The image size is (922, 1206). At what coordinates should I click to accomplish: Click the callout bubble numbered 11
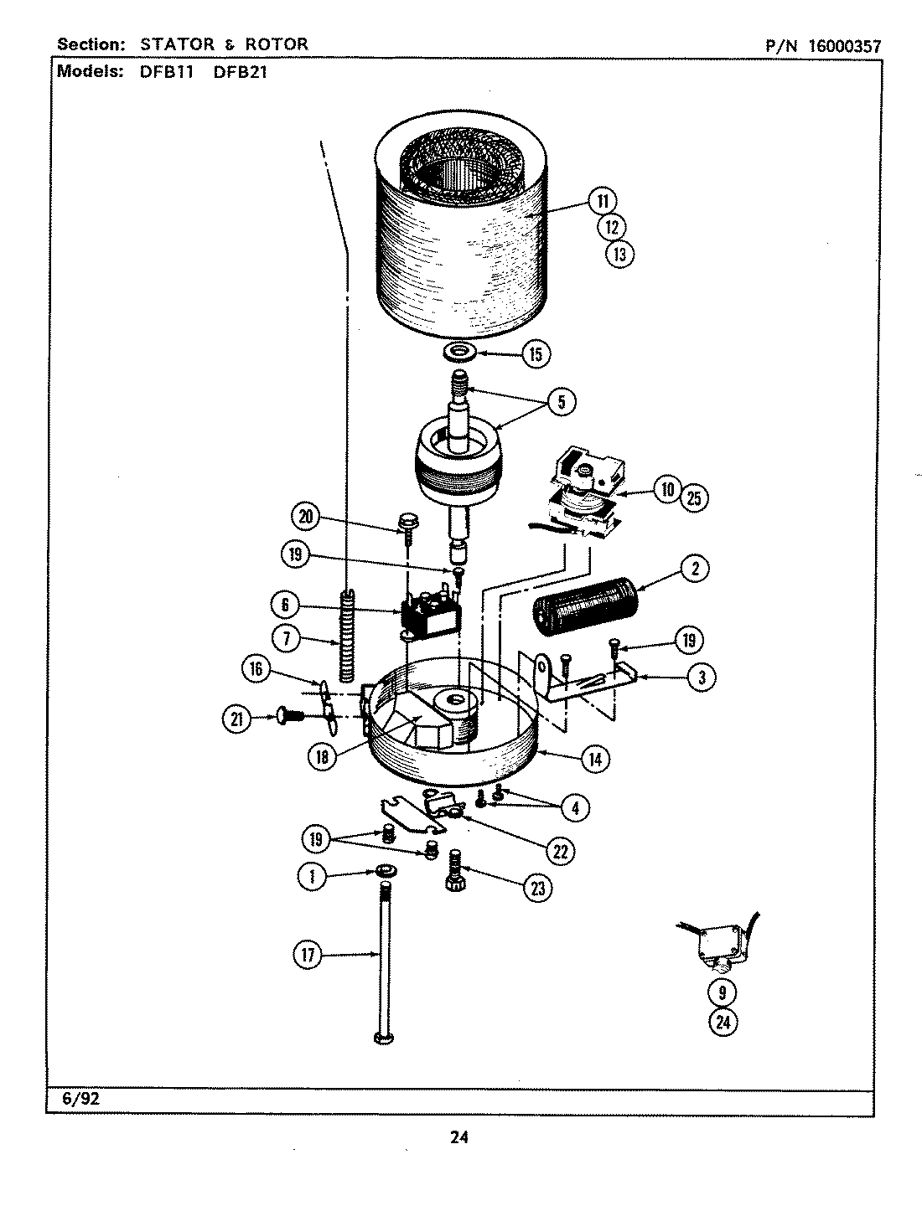click(602, 201)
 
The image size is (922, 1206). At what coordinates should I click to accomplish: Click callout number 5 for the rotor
click(561, 402)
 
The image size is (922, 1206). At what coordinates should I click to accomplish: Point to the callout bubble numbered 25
click(694, 497)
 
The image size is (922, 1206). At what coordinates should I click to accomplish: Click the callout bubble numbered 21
click(239, 718)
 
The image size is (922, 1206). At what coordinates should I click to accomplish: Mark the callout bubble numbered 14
click(593, 759)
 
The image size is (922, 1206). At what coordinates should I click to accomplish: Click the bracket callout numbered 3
click(701, 678)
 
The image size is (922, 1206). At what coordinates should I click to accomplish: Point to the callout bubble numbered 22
click(559, 851)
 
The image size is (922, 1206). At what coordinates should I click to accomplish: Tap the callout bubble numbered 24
click(722, 1021)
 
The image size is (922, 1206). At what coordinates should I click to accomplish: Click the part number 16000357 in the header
click(844, 47)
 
